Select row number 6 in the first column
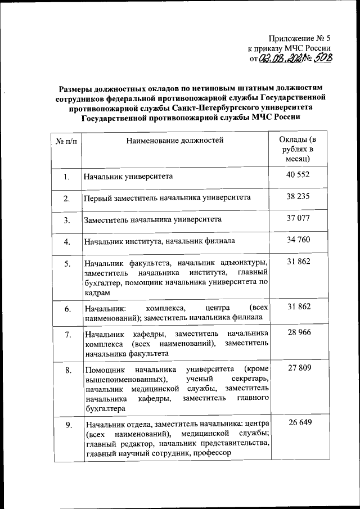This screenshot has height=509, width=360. (67, 309)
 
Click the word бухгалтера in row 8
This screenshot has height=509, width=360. (105, 409)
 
